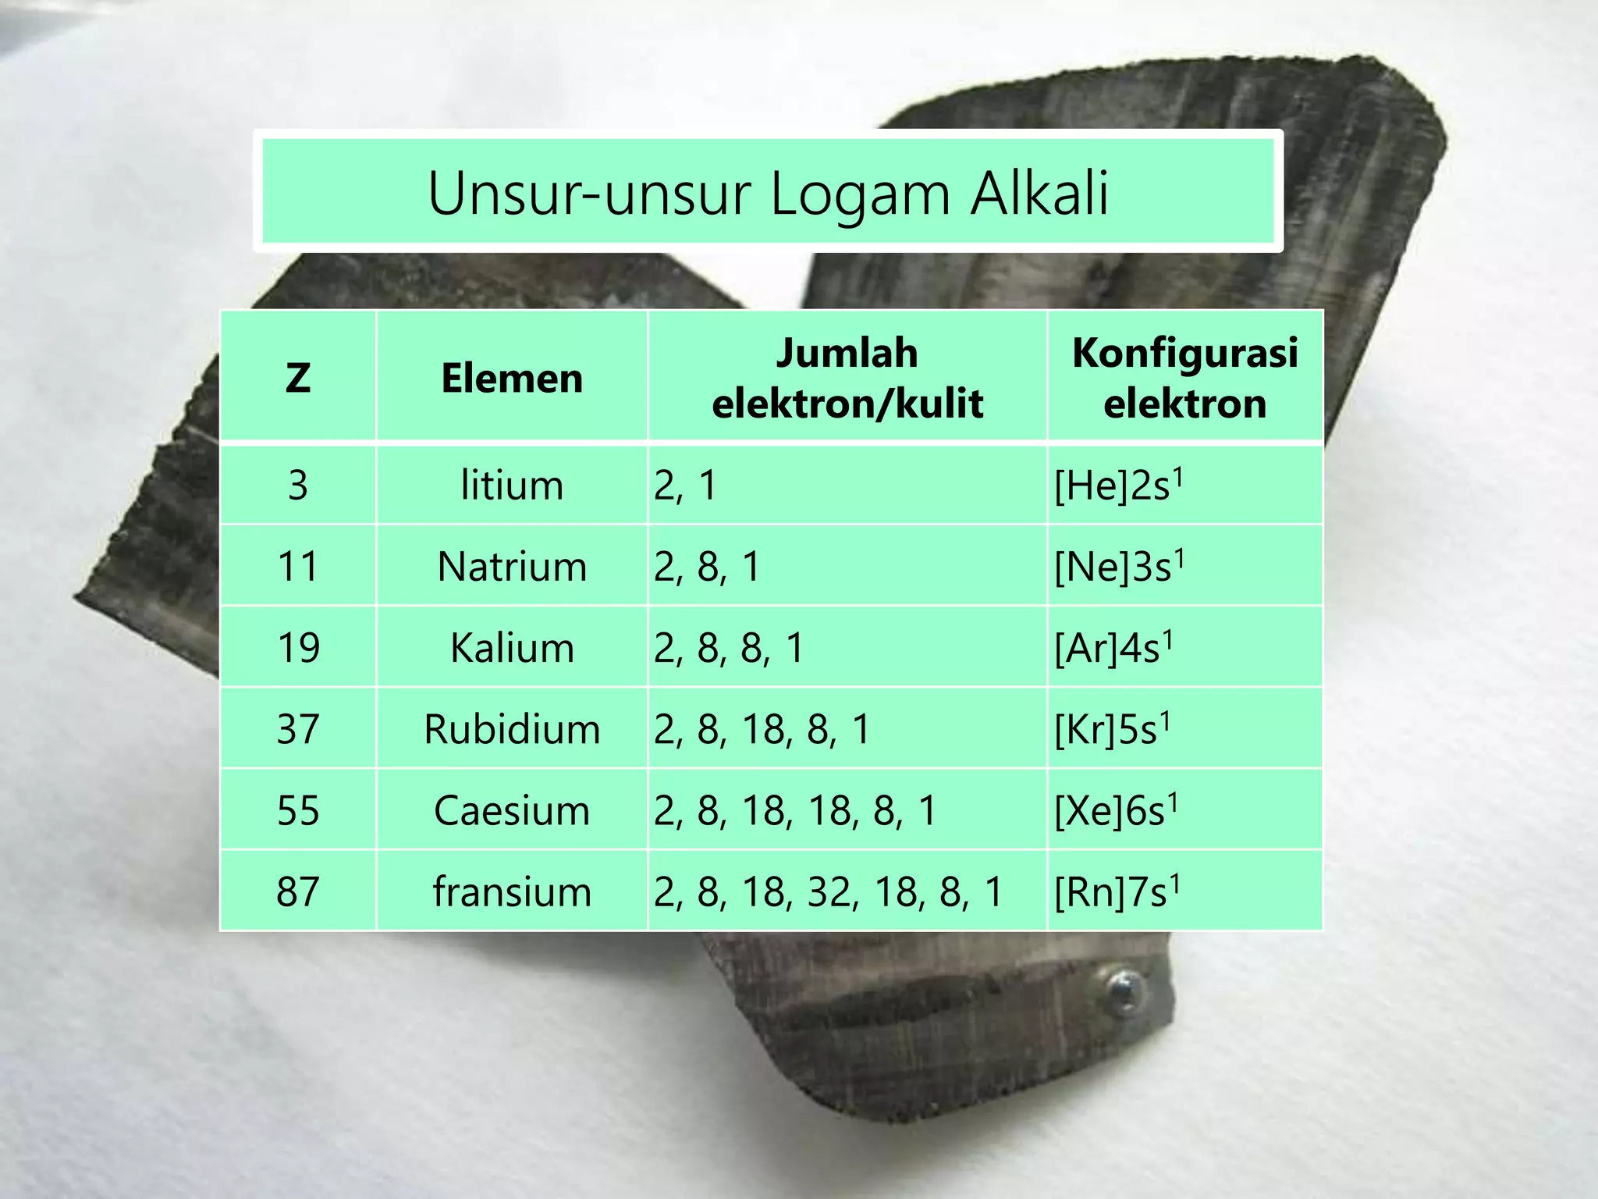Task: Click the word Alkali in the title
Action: (1039, 193)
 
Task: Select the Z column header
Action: (298, 378)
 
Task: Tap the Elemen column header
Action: (512, 378)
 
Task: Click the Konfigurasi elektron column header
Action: (1184, 378)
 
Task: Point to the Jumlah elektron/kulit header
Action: (847, 378)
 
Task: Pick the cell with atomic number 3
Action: (298, 486)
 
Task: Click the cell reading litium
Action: (512, 486)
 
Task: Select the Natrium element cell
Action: (512, 567)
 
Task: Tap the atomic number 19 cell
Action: (298, 648)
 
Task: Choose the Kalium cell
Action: (512, 648)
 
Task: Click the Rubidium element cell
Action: (512, 729)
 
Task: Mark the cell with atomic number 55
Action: (298, 810)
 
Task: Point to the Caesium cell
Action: (512, 810)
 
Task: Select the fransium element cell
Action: (512, 891)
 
